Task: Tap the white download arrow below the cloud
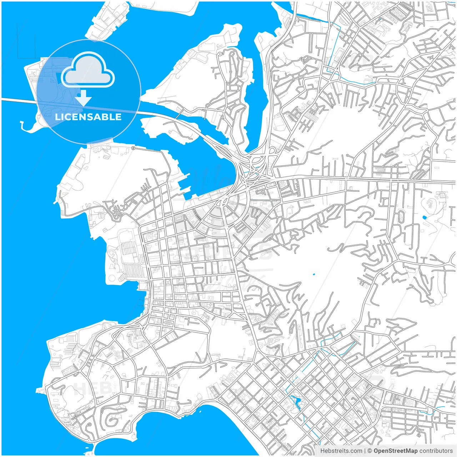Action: (x=84, y=98)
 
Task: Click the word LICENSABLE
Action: (x=88, y=117)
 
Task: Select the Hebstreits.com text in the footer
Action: (x=341, y=451)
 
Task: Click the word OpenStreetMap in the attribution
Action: (x=396, y=451)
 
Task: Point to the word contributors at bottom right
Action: (x=436, y=451)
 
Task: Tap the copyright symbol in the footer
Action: (x=370, y=451)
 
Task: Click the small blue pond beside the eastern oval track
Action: (x=424, y=217)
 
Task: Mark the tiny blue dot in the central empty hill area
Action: (x=314, y=274)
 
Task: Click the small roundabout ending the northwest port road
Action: (x=133, y=148)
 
